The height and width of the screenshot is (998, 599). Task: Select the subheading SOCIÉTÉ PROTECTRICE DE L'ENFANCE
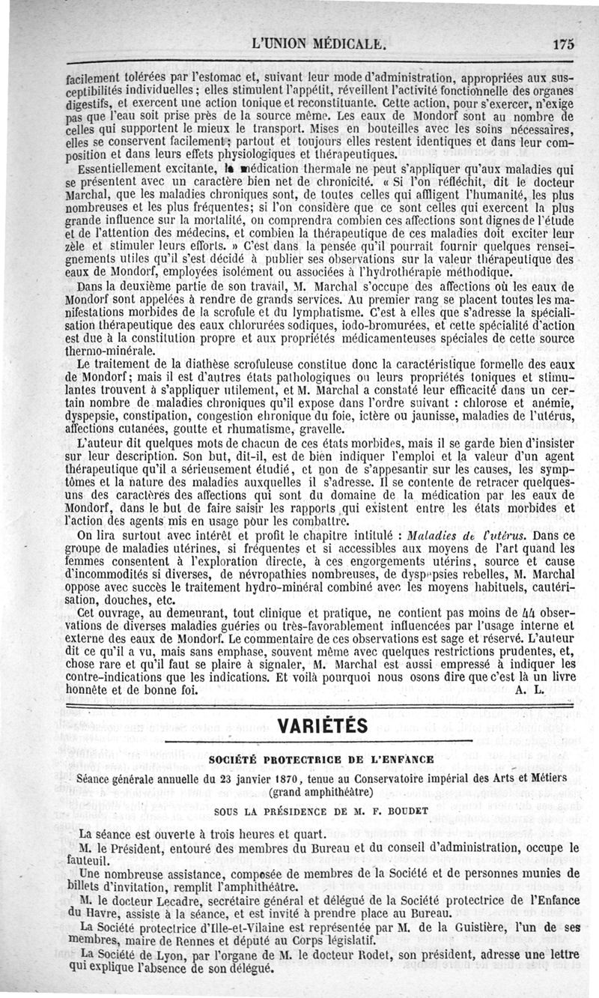[321, 760]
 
